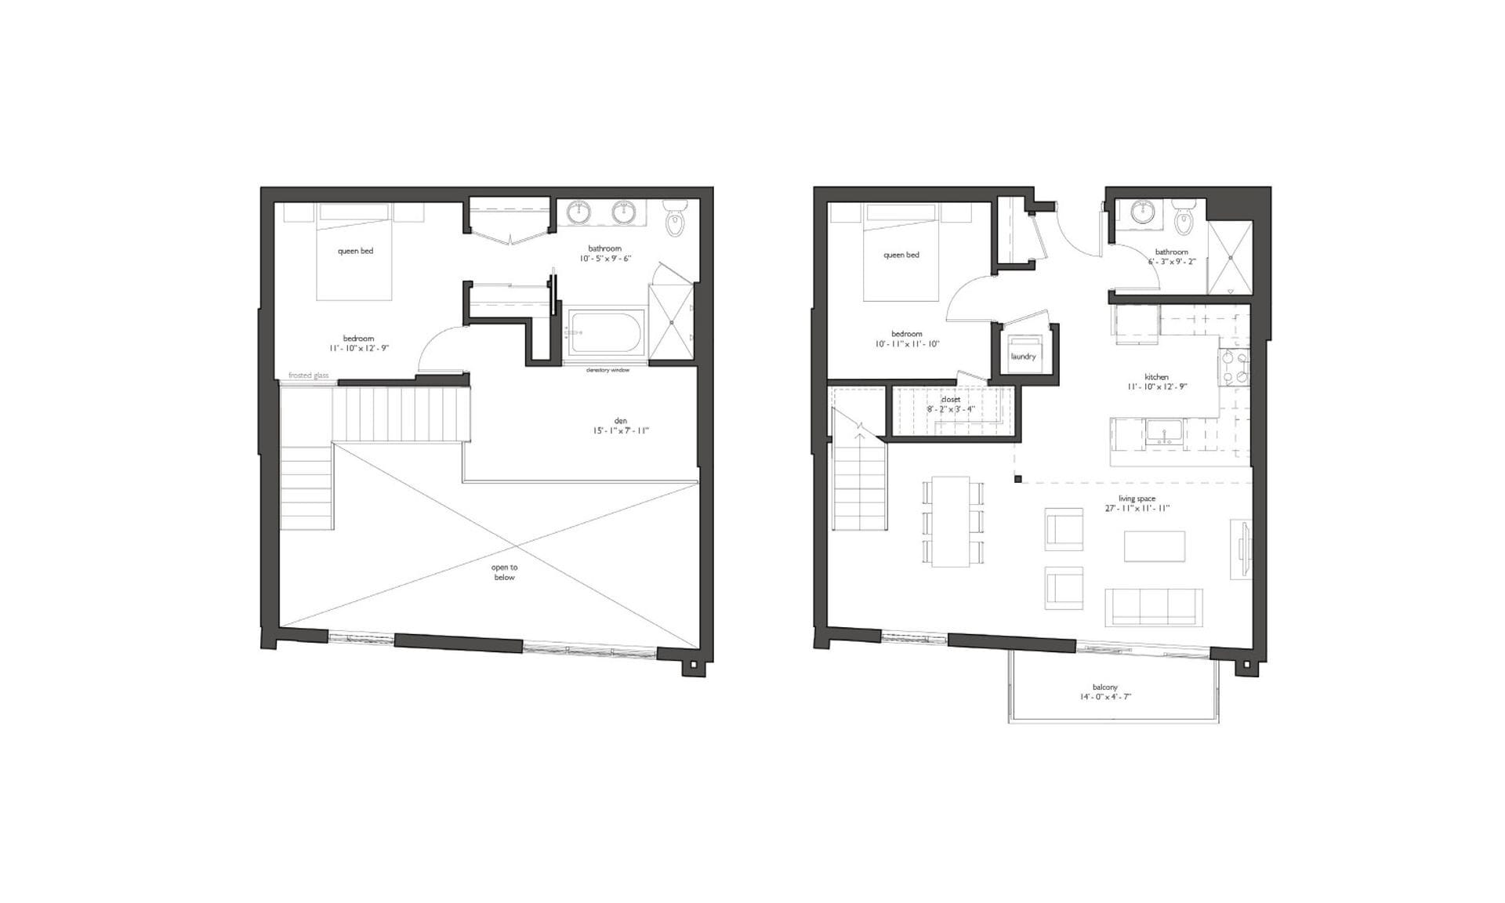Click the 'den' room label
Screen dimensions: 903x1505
[x=621, y=421]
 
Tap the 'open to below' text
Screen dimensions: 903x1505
[x=504, y=572]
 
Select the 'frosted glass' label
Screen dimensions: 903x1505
[x=308, y=375]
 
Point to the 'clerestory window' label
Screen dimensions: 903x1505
[x=607, y=370]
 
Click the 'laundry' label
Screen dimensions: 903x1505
[x=1023, y=357]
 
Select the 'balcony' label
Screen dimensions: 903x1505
[x=1105, y=687]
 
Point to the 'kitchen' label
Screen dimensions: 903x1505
[x=1156, y=377]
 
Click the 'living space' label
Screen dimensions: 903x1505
[x=1137, y=499]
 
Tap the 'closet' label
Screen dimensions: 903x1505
[x=951, y=400]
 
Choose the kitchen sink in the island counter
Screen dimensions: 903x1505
[x=1165, y=433]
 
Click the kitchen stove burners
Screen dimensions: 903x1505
[x=1233, y=368]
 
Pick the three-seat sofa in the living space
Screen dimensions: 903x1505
[x=1153, y=607]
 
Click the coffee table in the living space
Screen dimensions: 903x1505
[x=1154, y=546]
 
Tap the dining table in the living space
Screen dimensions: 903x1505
[x=951, y=521]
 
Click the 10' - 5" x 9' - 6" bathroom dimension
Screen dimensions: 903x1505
[x=605, y=259]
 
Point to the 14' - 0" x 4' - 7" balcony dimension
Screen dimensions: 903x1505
[x=1105, y=697]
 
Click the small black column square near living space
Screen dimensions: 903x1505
[x=1018, y=479]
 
